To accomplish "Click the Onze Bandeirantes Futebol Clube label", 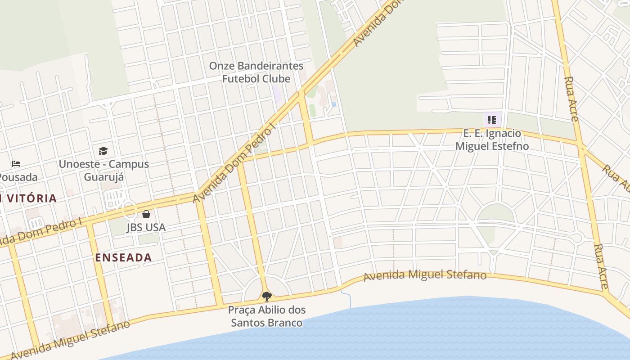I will tap(256, 72).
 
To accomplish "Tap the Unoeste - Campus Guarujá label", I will tap(103, 170).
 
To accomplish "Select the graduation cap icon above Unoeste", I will tap(103, 151).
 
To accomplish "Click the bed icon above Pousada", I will tap(16, 163).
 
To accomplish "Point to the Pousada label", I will tap(18, 176).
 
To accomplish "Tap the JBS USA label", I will tap(146, 227).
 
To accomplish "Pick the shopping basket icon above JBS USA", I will tap(146, 214).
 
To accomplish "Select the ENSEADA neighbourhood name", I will tap(123, 257).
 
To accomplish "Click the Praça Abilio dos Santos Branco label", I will tap(266, 316).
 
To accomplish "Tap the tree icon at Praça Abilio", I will tap(267, 296).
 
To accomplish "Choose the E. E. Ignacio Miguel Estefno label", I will tap(492, 139).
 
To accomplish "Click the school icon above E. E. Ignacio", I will tap(492, 120).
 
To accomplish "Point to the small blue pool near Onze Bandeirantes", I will tap(334, 104).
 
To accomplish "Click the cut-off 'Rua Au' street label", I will tap(615, 178).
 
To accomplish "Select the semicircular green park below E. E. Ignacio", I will tap(495, 213).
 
